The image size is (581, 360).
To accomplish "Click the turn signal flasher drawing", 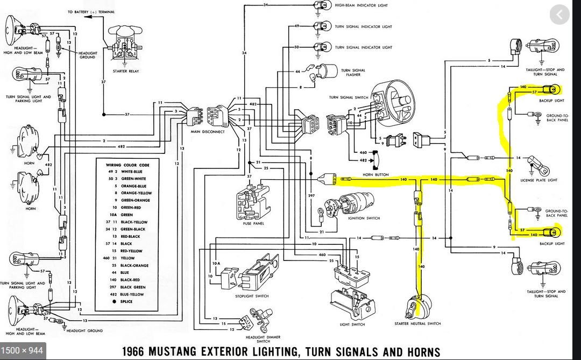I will [x=329, y=73].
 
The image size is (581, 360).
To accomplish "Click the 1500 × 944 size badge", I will [x=22, y=350].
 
